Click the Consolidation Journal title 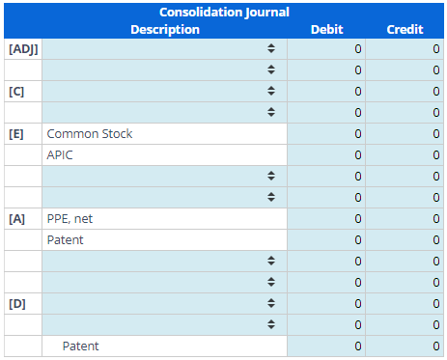224,13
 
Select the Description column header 165,29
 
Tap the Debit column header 326,29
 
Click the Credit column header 405,29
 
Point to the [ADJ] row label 21,48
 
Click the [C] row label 16,91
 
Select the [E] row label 16,133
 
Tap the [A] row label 16,218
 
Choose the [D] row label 16,303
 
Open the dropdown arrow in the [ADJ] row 271,48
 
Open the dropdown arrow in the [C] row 271,91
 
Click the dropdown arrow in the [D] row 271,303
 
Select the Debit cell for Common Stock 326,133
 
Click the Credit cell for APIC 405,154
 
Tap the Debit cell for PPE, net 326,218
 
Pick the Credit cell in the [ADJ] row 405,48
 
